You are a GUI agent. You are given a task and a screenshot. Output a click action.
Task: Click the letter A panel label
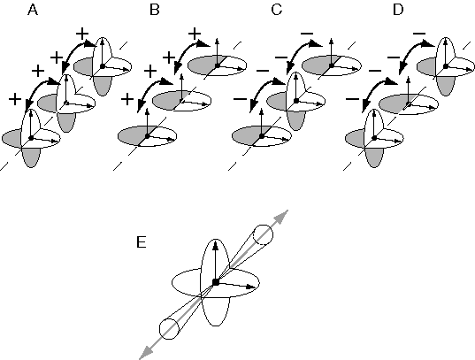coord(33,10)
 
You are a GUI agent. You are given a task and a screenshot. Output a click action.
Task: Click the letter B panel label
coord(155,10)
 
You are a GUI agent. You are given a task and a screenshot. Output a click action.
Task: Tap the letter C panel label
coord(277,10)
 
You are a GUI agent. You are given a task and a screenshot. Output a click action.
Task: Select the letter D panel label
coord(398,10)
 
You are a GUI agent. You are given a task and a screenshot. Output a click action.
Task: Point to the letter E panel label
coord(142,242)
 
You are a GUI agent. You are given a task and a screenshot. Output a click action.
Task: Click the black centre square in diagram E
coord(216,282)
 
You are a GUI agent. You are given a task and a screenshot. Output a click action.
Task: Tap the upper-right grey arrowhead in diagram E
coord(282,216)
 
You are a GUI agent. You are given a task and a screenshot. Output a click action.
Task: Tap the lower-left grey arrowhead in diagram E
coord(146,353)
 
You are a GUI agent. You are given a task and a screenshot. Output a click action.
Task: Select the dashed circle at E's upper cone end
coord(263,234)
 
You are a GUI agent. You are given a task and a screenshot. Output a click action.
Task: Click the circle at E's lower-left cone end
coord(169,328)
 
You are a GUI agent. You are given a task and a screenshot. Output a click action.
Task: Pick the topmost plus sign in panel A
coord(82,34)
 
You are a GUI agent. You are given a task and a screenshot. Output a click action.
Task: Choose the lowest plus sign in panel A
coord(15,99)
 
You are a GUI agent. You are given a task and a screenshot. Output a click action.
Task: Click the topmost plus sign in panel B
coord(195,34)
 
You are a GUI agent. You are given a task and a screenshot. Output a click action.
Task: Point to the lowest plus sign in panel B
coord(127,99)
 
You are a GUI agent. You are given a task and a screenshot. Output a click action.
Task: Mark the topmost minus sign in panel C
coord(307,34)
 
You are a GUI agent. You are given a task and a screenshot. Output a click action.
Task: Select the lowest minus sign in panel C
coord(240,99)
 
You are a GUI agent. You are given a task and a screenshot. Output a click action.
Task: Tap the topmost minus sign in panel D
coord(419,34)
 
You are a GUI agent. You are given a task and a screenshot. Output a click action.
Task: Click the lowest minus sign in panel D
coord(352,99)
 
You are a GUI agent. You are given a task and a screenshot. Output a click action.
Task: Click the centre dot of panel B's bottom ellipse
coord(147,136)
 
